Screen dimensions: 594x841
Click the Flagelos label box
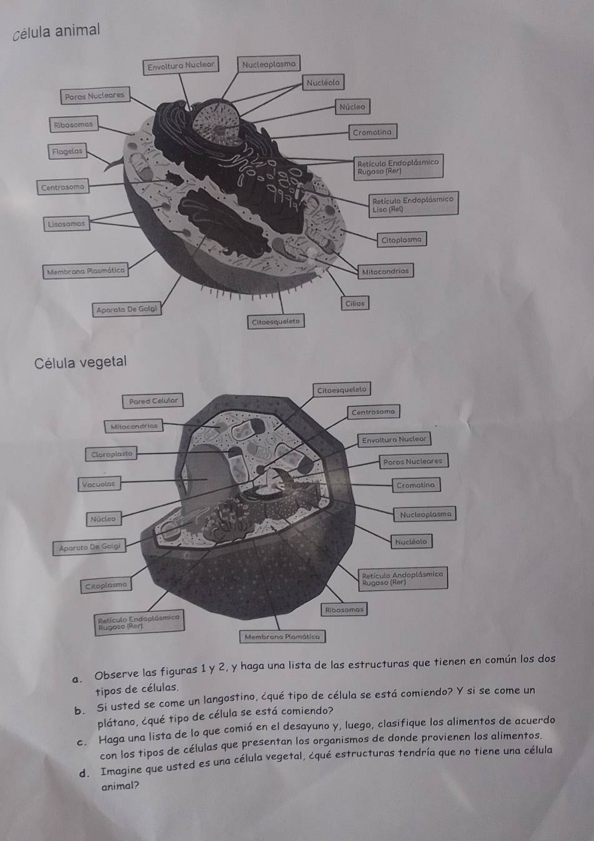click(67, 151)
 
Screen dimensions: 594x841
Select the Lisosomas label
click(66, 224)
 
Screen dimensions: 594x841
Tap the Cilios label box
click(355, 304)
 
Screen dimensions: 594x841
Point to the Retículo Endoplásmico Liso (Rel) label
click(413, 204)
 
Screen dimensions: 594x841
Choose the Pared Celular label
click(153, 401)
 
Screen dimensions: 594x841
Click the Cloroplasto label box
click(111, 454)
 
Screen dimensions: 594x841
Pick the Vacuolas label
click(99, 484)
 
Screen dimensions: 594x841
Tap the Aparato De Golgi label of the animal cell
click(127, 309)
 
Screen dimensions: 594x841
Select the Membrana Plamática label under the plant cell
click(282, 637)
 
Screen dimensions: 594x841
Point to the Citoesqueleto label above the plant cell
click(342, 390)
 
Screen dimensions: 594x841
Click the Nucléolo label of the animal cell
click(323, 82)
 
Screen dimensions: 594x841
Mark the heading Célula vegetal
click(81, 362)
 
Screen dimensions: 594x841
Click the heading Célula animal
click(57, 31)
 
